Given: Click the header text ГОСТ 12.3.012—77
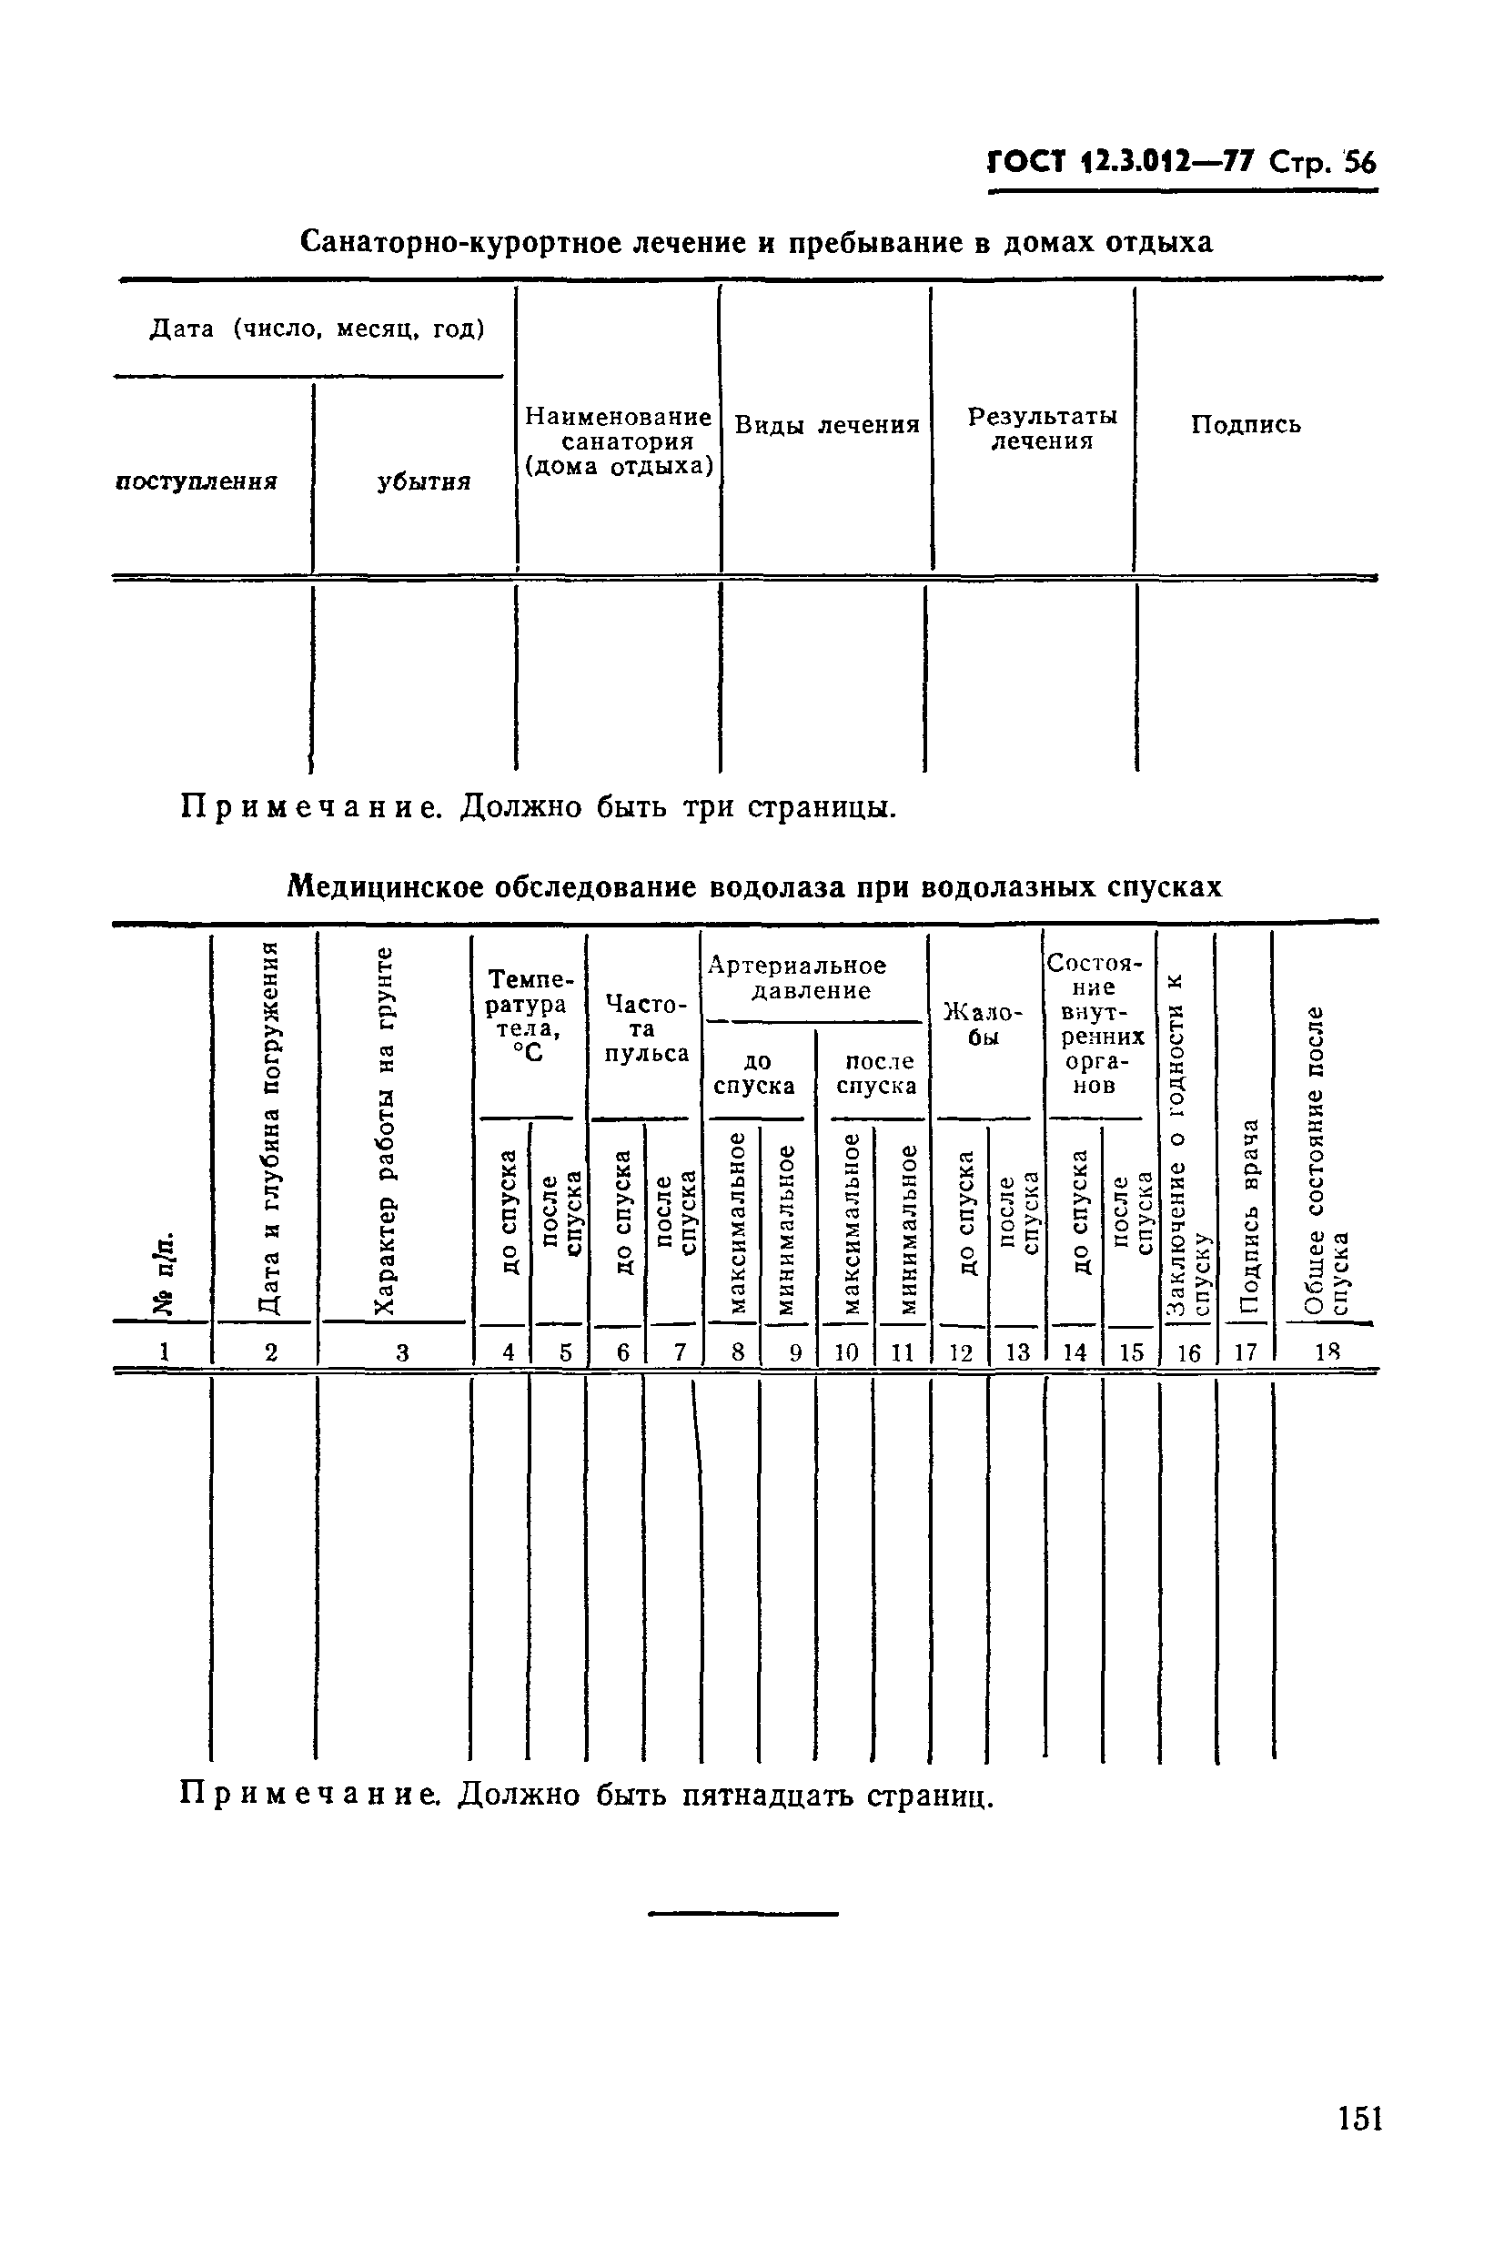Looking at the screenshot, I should pos(1121,162).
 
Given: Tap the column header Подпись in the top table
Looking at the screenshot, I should pos(1246,425).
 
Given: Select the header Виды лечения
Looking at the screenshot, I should pos(827,425).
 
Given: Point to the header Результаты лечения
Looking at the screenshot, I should pos(1042,429).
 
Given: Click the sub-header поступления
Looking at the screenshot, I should pos(197,481).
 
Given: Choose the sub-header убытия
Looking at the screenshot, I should pos(423,482).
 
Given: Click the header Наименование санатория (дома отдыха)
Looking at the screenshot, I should pos(619,442).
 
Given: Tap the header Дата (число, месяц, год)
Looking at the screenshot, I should pos(317,330).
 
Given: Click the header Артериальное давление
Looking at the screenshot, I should pos(798,978).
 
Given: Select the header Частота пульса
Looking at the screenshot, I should pos(645,1029).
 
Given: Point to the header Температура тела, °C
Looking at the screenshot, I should pos(528,1016).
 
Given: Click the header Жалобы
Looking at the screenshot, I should pos(984,1025).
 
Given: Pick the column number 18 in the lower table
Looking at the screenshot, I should pos(1327,1351).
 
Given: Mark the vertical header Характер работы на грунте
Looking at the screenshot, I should pos(384,1132).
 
